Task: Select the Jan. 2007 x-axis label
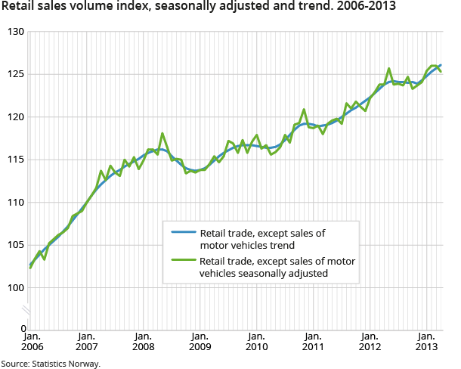[86, 342]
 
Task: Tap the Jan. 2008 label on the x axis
[143, 342]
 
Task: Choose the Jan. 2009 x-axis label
[200, 342]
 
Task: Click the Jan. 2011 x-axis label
[313, 342]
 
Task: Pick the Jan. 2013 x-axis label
[426, 342]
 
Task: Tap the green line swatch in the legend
[182, 262]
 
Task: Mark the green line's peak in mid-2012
[389, 68]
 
